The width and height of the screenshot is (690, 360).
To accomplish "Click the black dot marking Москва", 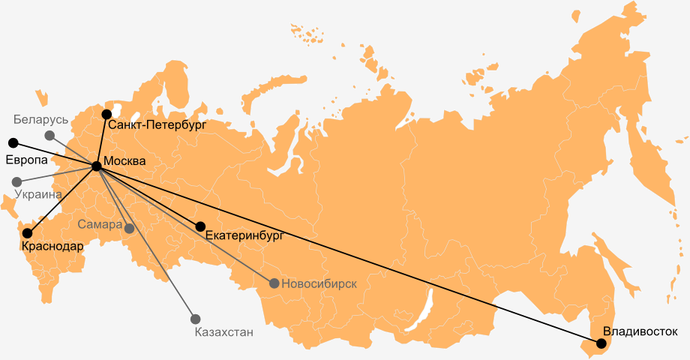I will [96, 166].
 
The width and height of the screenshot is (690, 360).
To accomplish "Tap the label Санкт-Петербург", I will [157, 124].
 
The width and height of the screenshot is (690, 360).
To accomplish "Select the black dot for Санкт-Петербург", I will [106, 114].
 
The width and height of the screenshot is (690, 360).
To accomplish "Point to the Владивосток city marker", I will [601, 343].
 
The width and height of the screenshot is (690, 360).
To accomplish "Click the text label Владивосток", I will [640, 331].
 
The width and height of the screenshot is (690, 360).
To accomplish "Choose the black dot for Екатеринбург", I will [200, 226].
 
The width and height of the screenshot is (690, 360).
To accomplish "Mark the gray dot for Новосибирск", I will [274, 283].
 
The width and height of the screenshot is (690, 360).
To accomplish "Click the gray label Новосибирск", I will [319, 283].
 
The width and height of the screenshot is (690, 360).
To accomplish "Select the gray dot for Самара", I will [129, 228].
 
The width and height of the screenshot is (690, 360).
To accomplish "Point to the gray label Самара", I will [99, 224].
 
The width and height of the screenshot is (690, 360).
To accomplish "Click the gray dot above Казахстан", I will [196, 319].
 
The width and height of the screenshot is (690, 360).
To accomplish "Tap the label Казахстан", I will [223, 332].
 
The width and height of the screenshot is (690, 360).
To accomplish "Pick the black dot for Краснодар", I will [28, 233].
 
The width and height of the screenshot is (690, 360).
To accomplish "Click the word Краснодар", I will [52, 246].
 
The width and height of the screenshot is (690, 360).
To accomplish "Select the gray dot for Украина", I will [16, 181].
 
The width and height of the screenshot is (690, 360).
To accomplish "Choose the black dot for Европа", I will [12, 142].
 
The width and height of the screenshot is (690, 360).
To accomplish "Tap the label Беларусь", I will [40, 120].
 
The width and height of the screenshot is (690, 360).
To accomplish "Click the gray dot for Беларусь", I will [49, 135].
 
